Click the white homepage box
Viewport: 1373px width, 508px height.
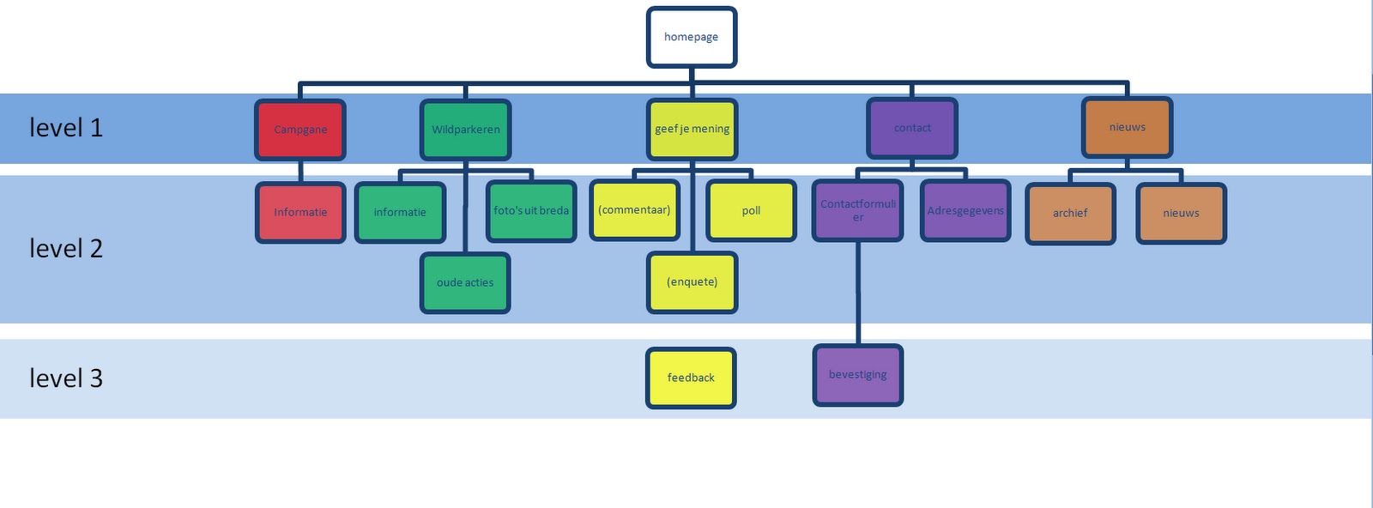pos(692,37)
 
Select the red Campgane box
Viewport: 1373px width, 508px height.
pos(300,130)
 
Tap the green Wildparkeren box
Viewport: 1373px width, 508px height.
pos(466,130)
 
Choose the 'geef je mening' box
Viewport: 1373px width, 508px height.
pos(692,130)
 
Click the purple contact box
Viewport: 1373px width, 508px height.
pos(912,128)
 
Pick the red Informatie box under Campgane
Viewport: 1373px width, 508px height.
pos(300,213)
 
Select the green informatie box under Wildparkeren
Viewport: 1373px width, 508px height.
pos(400,213)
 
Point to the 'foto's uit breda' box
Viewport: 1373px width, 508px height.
pos(531,211)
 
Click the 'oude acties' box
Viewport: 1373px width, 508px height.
pos(465,282)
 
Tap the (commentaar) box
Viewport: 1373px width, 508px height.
pos(634,210)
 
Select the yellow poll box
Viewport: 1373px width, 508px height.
pos(752,211)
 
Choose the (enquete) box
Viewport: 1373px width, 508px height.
pos(692,282)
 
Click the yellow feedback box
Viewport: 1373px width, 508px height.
pos(691,378)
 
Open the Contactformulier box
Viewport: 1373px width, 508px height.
pos(858,211)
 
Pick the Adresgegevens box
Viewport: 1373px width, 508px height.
pos(965,211)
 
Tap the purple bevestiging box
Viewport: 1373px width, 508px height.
pos(858,375)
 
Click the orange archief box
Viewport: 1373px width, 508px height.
pos(1070,214)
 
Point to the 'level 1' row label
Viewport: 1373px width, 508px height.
pos(66,128)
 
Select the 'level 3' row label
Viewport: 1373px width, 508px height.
pos(66,378)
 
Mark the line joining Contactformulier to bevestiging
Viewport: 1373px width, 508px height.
pos(858,293)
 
